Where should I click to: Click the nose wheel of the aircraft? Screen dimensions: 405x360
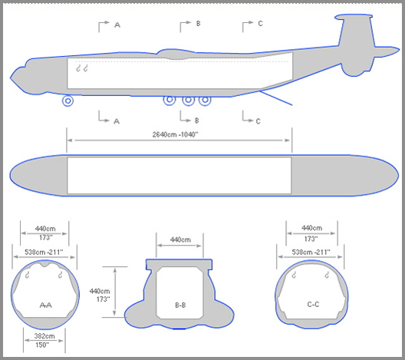click(67, 101)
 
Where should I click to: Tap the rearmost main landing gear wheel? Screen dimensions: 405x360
click(205, 100)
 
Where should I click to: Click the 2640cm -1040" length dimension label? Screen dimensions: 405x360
click(175, 134)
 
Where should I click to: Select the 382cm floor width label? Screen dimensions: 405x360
click(44, 336)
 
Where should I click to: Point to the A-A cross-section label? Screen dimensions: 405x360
click(46, 306)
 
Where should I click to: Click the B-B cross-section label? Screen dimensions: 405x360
click(180, 306)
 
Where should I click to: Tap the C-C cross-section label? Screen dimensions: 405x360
click(313, 305)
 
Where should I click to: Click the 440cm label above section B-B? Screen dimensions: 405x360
click(180, 239)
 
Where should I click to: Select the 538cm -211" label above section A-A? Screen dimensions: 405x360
click(44, 252)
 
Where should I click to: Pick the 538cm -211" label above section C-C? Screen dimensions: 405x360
click(311, 252)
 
